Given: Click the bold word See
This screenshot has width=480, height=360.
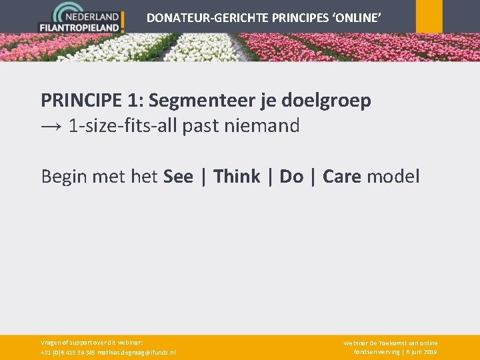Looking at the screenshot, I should click(x=178, y=177).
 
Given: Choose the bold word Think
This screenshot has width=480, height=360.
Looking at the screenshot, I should click(x=237, y=177).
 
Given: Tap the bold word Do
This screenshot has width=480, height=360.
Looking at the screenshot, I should click(x=291, y=177).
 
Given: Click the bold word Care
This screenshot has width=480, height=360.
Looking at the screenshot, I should click(x=342, y=177).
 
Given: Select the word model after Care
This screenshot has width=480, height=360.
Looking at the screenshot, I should click(x=393, y=177).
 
